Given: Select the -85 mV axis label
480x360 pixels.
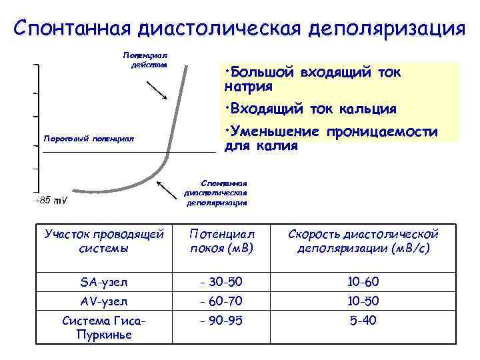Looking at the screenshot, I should (55, 200).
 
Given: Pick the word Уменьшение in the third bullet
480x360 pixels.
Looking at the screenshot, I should (273, 131).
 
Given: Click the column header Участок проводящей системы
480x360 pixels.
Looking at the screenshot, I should (103, 241).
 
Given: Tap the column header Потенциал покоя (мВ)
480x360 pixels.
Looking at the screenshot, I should (222, 241).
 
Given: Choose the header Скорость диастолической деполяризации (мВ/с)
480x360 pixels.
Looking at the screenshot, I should (363, 241).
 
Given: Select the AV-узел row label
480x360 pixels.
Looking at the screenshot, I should (103, 301).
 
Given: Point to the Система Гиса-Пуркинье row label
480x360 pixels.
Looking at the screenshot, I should (103, 327).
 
